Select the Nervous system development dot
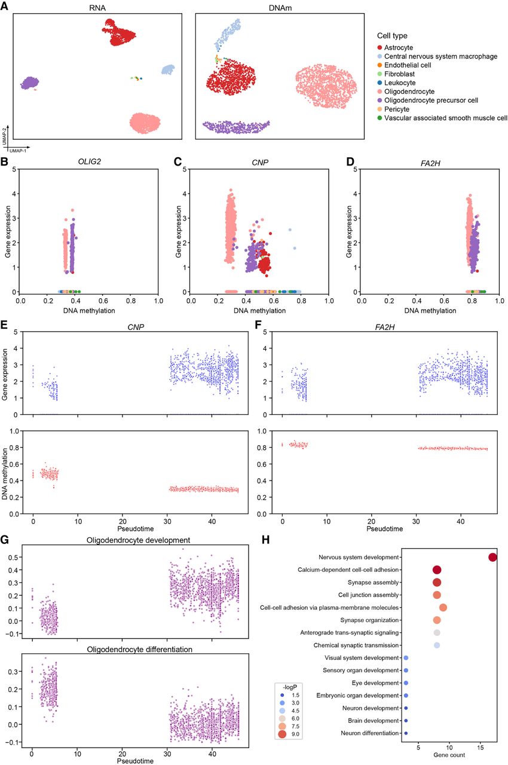492,558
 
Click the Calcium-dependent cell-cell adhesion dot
437,570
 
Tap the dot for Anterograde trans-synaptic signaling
437,633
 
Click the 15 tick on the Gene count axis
481,747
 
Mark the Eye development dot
406,683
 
